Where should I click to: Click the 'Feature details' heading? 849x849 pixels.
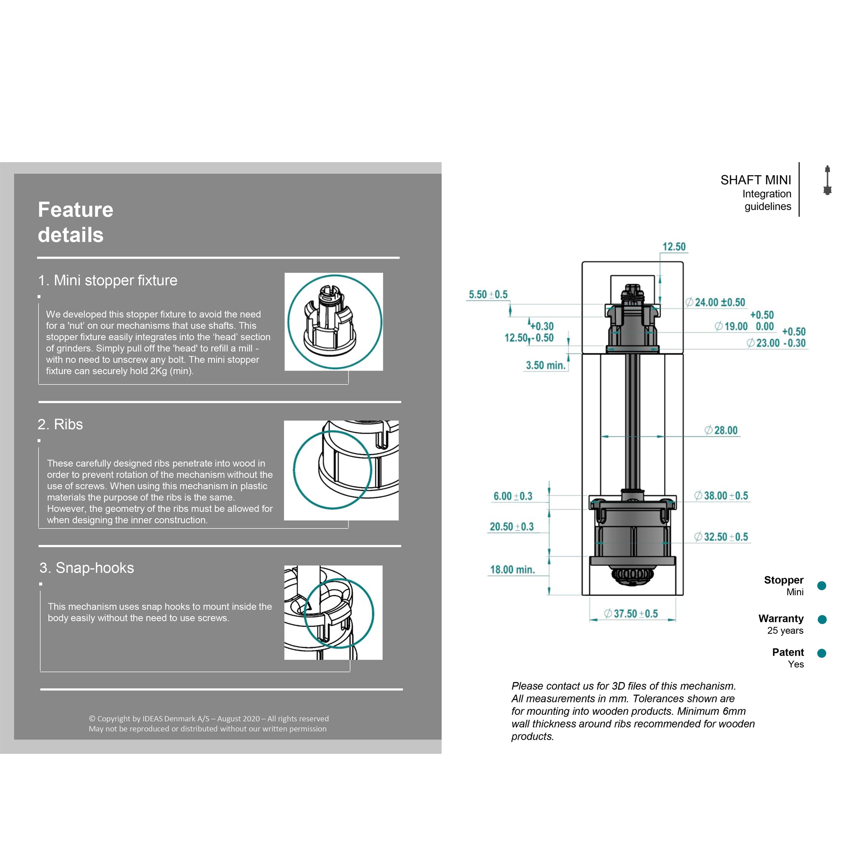(x=76, y=222)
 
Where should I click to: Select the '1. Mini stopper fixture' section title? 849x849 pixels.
(x=108, y=280)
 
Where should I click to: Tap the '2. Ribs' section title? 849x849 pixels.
(x=60, y=424)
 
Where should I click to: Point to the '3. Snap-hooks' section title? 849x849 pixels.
(x=87, y=568)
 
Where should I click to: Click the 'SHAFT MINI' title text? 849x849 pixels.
(x=756, y=180)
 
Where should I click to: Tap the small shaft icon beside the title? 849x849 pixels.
(x=827, y=180)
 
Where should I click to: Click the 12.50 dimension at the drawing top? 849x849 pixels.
(x=674, y=247)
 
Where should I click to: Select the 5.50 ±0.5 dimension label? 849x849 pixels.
(x=488, y=295)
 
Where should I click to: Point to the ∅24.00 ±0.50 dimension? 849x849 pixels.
(x=715, y=302)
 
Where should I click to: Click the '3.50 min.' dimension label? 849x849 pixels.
(x=545, y=365)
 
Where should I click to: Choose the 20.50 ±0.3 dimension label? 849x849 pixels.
(x=512, y=526)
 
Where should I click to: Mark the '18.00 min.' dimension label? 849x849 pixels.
(x=512, y=570)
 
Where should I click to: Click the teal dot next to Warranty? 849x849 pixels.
(x=822, y=619)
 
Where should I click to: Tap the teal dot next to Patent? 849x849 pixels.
(x=822, y=653)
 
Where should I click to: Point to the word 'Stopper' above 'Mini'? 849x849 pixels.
(x=784, y=580)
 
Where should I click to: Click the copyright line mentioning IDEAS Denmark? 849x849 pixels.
(x=209, y=719)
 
